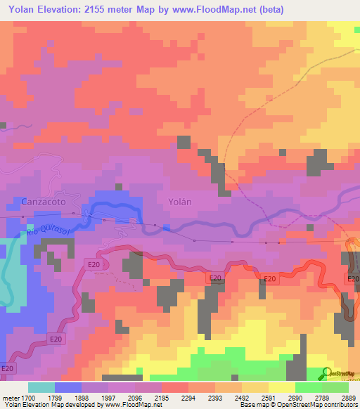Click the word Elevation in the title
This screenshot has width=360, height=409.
[63, 10]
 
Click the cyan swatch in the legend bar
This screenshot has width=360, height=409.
[41, 387]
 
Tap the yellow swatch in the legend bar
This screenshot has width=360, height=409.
[281, 387]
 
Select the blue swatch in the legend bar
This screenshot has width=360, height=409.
[67, 387]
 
